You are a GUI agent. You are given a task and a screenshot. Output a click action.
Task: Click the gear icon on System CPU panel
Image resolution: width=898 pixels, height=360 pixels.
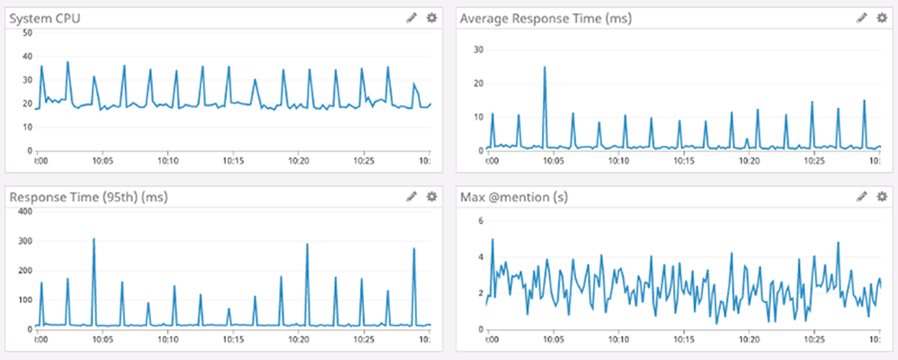[x=431, y=17]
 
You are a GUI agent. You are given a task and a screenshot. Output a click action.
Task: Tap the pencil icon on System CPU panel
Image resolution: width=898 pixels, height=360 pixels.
[x=413, y=17]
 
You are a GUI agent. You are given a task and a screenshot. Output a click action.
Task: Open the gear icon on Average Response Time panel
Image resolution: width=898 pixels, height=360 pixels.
[x=881, y=17]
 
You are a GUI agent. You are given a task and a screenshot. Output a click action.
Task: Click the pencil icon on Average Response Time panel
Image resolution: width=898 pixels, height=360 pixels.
[x=862, y=17]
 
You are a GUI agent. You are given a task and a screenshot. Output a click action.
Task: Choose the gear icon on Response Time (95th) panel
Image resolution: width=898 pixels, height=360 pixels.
[x=431, y=197]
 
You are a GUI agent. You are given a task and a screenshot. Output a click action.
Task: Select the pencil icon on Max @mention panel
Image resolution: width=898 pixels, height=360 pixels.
[x=862, y=197]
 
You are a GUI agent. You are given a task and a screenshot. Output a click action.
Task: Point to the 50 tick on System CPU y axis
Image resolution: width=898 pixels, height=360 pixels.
[x=27, y=33]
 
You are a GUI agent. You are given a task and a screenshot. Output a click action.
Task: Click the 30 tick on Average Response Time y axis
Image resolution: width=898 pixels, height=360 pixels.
[x=477, y=50]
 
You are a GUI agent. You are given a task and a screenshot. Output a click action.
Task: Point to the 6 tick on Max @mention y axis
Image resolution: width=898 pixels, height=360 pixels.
[x=479, y=221]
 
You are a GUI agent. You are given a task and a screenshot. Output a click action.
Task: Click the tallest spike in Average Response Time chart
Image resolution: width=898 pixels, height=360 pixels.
[x=545, y=68]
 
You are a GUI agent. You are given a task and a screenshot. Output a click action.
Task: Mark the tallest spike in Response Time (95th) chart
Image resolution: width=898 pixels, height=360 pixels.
[x=93, y=239]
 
